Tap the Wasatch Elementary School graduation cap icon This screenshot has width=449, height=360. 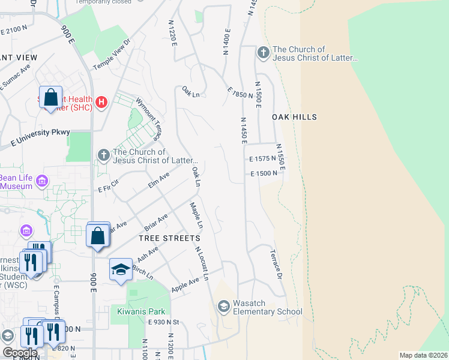coord(224,307)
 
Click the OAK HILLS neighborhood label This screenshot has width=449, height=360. coord(294,116)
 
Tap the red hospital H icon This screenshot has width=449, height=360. coord(101,103)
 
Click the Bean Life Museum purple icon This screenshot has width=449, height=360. coord(42,181)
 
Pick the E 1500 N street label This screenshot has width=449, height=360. coord(265,173)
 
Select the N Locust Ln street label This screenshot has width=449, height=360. coord(202,264)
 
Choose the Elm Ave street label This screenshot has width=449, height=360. coord(159,180)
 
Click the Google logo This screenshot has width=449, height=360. coord(20,353)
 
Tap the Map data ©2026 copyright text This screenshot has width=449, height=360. coord(423,355)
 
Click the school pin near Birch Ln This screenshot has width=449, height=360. coord(121,269)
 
